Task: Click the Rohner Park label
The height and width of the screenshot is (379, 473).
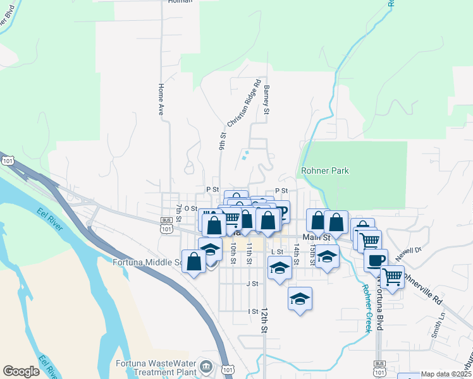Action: click(x=325, y=171)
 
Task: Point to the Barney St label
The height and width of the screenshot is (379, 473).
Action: click(x=267, y=100)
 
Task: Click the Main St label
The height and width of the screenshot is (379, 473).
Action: click(x=317, y=238)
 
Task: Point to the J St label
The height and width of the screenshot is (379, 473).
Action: click(x=253, y=284)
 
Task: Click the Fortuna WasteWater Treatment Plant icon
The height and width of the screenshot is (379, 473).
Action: click(x=206, y=366)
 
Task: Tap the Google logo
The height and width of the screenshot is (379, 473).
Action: click(x=21, y=371)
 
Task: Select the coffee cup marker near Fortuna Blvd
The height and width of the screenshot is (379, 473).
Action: click(x=376, y=260)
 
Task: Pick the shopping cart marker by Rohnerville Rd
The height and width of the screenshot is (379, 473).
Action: click(x=392, y=276)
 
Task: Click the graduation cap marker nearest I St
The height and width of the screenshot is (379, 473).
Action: click(x=300, y=298)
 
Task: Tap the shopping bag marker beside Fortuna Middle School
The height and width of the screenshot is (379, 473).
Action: click(x=193, y=261)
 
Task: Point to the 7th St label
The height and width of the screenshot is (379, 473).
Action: click(x=179, y=212)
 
